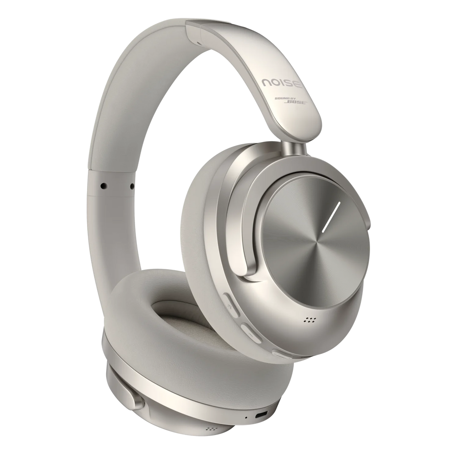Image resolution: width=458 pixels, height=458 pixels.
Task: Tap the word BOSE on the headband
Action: pyautogui.click(x=296, y=103)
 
